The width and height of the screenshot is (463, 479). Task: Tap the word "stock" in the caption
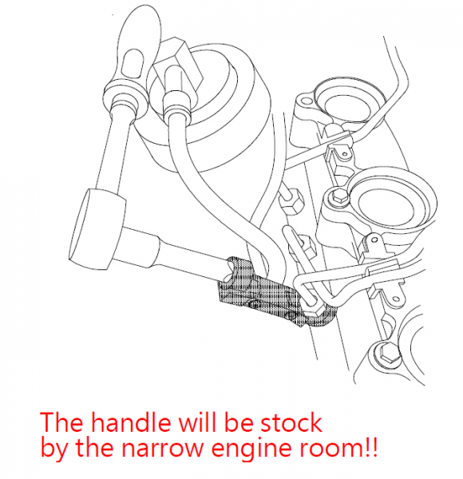291,423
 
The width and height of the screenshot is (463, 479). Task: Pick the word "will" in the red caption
198,422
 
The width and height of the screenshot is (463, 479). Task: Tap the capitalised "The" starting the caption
61,422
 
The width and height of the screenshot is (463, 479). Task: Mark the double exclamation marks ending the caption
371,447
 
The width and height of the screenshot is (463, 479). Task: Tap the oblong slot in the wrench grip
133,64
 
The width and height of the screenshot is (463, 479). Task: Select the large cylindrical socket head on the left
97,229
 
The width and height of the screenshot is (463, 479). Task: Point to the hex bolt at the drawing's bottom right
386,354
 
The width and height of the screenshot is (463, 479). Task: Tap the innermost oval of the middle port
386,205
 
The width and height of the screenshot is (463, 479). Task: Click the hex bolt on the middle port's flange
339,196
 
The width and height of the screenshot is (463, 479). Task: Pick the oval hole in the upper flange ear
305,101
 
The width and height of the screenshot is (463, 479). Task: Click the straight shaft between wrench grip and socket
113,152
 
